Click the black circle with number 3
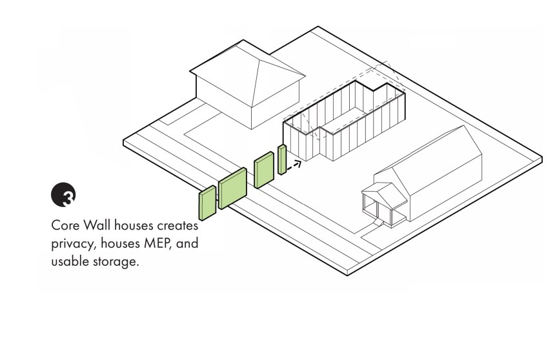click(63, 194)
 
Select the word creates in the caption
click(177, 226)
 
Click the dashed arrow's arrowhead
click(298, 163)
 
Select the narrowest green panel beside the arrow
click(282, 159)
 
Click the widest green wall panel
click(232, 188)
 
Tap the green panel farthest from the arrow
click(207, 203)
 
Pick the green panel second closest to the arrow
click(264, 170)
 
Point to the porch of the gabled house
click(384, 205)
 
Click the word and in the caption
click(187, 243)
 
